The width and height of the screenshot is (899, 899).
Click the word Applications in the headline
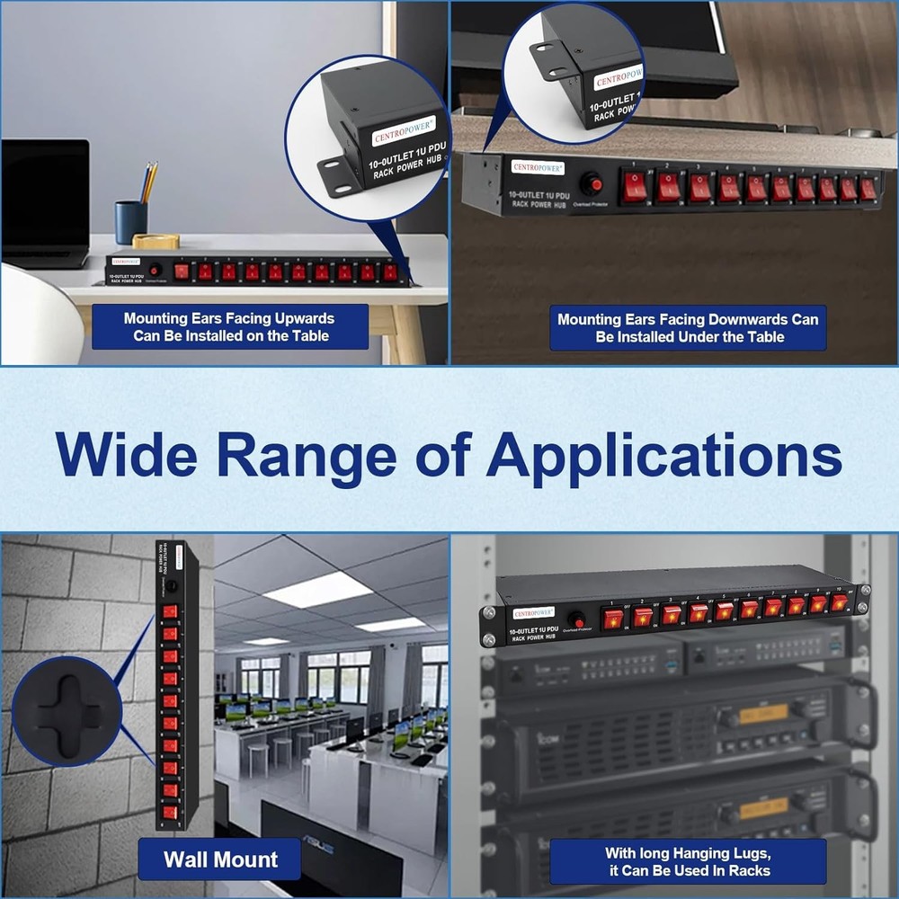click(x=663, y=455)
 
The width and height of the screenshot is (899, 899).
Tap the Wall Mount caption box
click(x=219, y=859)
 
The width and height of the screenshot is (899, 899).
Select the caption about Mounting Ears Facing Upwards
click(x=229, y=327)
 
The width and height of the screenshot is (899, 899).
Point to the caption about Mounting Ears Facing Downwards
click(x=688, y=328)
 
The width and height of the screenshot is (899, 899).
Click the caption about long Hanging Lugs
click(x=688, y=860)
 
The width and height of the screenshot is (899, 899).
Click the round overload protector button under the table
click(x=591, y=185)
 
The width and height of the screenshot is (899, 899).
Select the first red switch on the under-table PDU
click(x=636, y=187)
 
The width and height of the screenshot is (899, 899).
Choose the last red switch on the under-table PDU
click(x=868, y=189)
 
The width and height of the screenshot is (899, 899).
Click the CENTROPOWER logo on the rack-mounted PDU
click(x=534, y=612)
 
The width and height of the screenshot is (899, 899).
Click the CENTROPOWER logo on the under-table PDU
click(x=538, y=167)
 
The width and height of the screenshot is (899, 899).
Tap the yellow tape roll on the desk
click(x=156, y=241)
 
